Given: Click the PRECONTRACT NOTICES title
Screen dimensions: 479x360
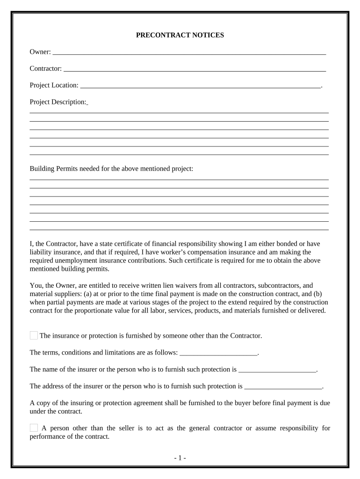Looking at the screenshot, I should click(x=180, y=35).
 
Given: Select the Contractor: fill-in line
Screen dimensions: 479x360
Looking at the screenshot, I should click(x=194, y=69).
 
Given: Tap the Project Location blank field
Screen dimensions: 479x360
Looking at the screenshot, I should click(x=201, y=86).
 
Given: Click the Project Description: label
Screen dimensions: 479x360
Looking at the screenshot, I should click(x=58, y=102).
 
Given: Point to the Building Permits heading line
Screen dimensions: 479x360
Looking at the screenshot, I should click(x=111, y=168).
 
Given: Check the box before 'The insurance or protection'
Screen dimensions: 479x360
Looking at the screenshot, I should click(x=34, y=335).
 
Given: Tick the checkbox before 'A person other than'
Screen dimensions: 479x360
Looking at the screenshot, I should click(x=34, y=428).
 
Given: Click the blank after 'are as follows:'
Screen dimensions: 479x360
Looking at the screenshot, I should click(x=218, y=353).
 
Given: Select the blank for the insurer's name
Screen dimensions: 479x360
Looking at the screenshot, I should click(x=278, y=370).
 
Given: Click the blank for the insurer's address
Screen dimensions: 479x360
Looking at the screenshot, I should click(x=283, y=387).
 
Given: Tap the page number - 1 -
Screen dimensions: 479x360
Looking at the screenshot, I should click(x=180, y=458).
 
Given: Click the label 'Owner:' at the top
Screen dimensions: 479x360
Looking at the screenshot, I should click(x=41, y=52).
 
